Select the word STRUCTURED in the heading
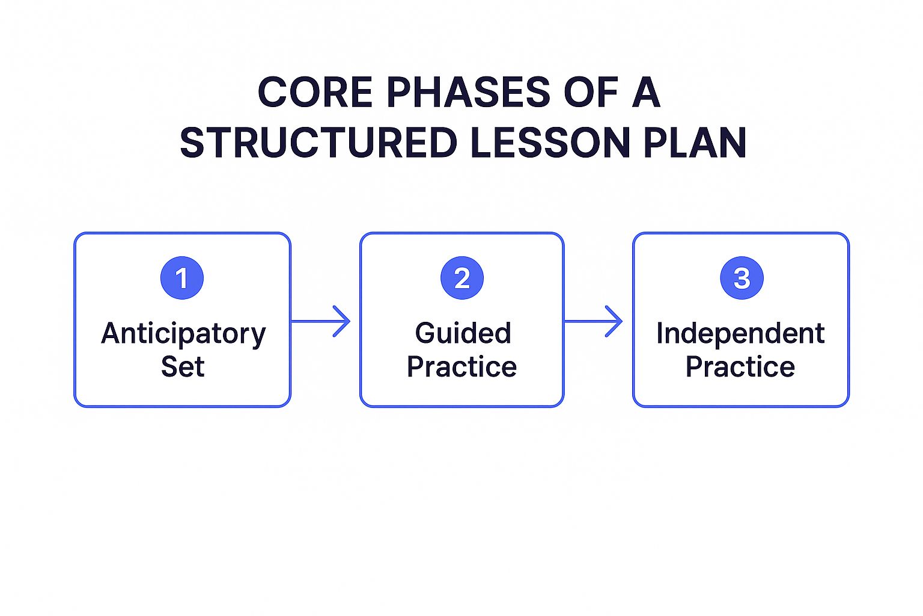pos(318,143)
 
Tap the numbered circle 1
pos(182,278)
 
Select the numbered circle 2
pos(462,278)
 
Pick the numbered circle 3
pos(742,278)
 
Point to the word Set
pos(183,367)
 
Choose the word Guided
pos(463,333)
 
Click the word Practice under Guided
pos(461,367)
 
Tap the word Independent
pos(740,333)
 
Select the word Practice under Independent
pos(740,367)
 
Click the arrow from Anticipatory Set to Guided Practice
pos(320,321)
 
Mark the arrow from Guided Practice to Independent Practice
pos(593,321)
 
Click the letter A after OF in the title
pos(647,93)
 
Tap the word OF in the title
pos(591,93)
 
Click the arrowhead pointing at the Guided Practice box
pos(343,321)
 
